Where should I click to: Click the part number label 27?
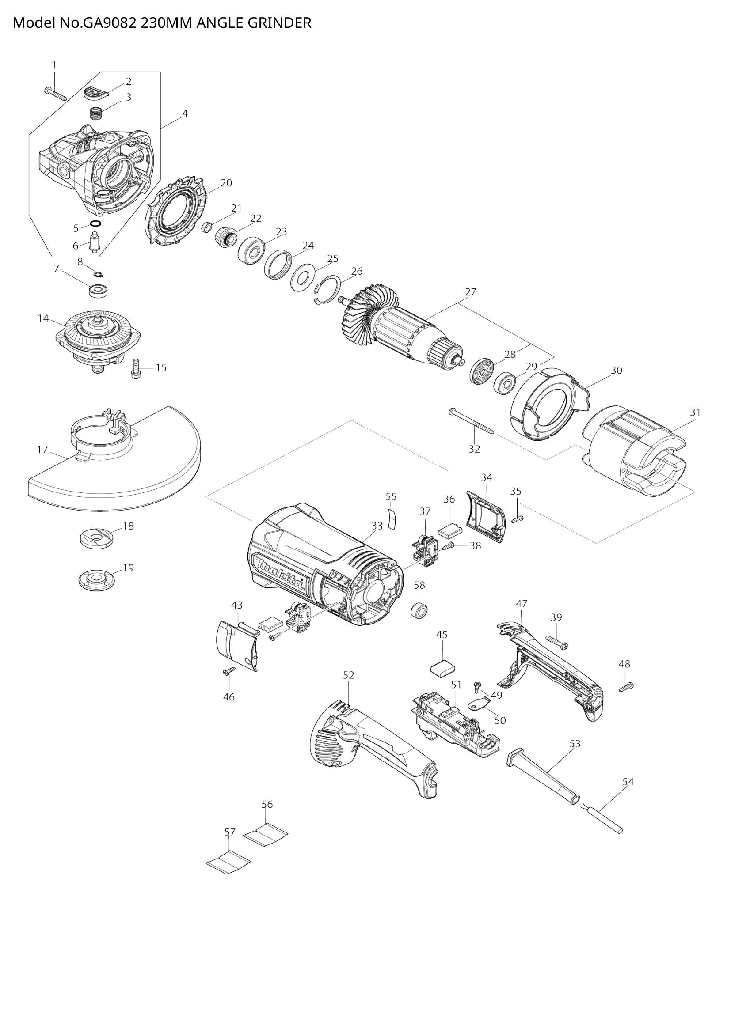pos(470,292)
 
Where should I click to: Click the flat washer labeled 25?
pos(303,274)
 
